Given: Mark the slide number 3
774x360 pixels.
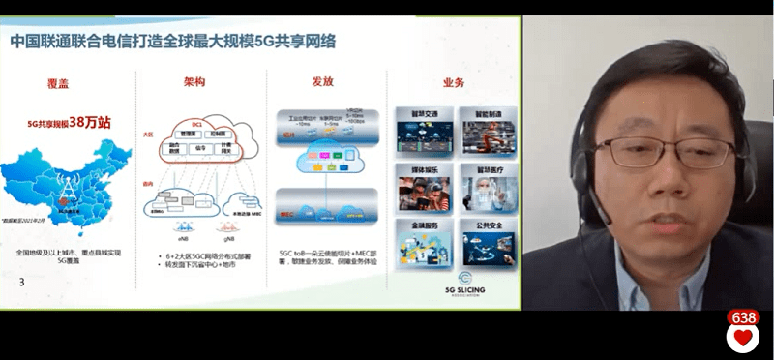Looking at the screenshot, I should tap(22, 282).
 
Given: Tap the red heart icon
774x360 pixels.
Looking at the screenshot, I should tap(743, 339).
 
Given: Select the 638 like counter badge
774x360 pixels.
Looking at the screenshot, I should tap(743, 317).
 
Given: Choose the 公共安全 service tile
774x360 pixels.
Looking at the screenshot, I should tap(487, 242).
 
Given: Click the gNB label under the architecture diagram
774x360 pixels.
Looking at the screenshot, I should tap(228, 235).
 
